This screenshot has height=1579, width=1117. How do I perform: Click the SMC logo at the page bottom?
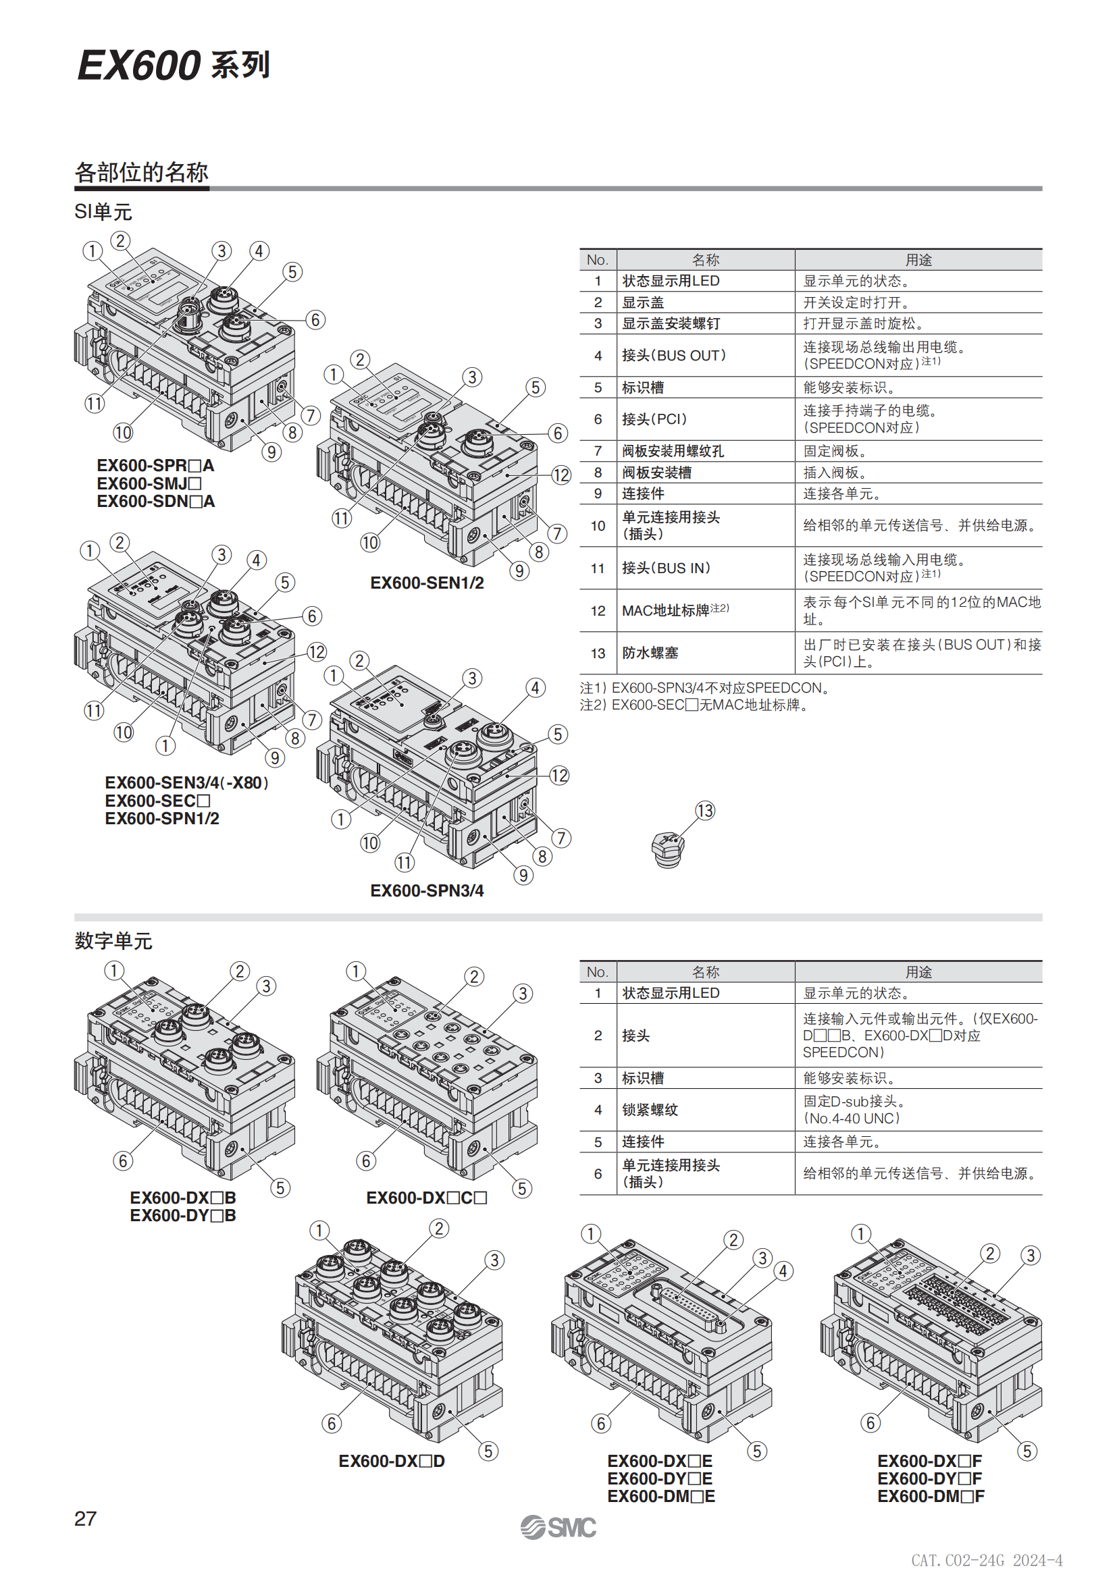point(558,1528)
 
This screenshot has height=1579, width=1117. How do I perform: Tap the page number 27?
point(85,1518)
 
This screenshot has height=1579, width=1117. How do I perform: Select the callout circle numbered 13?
point(705,811)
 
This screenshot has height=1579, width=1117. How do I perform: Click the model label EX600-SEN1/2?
point(426,583)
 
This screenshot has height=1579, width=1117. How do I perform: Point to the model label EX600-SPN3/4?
point(426,890)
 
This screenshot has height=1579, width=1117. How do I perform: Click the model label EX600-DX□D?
point(392,1462)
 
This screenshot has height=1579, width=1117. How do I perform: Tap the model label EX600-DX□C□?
point(426,1198)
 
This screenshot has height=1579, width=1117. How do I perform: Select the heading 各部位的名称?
point(141,172)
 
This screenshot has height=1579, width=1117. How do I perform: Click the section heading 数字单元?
point(113,941)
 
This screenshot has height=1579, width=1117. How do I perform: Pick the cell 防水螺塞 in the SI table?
point(650,653)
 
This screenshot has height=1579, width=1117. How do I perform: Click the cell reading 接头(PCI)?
point(654,419)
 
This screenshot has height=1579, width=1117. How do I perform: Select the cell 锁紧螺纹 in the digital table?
point(650,1110)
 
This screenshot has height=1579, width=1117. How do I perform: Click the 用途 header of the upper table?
point(918,260)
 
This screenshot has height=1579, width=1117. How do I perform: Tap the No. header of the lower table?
point(597,971)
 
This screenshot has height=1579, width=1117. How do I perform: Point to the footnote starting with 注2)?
point(694,705)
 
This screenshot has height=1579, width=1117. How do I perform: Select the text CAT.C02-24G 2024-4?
point(987,1559)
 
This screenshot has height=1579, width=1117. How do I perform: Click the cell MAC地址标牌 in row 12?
point(665,611)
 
